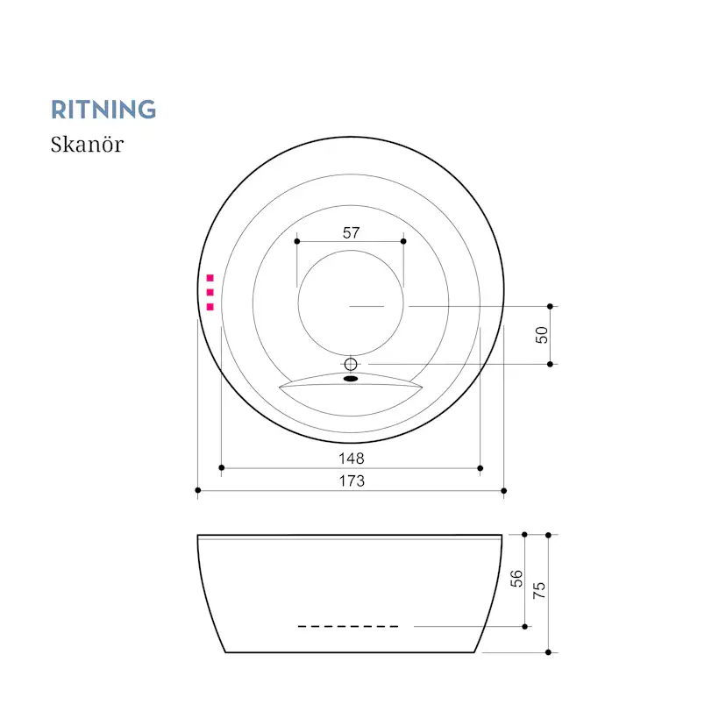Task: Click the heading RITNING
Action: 103,110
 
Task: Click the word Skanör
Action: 87,145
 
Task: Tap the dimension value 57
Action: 351,232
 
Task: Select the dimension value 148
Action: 352,459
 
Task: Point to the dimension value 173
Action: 352,481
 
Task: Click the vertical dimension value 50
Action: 541,335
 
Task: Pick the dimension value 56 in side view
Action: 516,579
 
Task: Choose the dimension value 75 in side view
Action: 539,590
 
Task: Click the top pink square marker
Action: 210,278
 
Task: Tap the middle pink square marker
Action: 210,292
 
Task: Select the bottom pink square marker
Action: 210,307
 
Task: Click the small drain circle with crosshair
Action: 351,364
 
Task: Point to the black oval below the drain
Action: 351,379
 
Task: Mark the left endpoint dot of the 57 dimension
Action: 297,241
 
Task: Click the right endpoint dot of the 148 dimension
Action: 480,468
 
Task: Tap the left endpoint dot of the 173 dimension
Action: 198,490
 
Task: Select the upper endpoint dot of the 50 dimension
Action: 550,307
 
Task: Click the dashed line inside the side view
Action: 348,626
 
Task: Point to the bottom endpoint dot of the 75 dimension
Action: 548,652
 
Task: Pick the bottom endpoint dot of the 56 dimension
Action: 524,626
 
